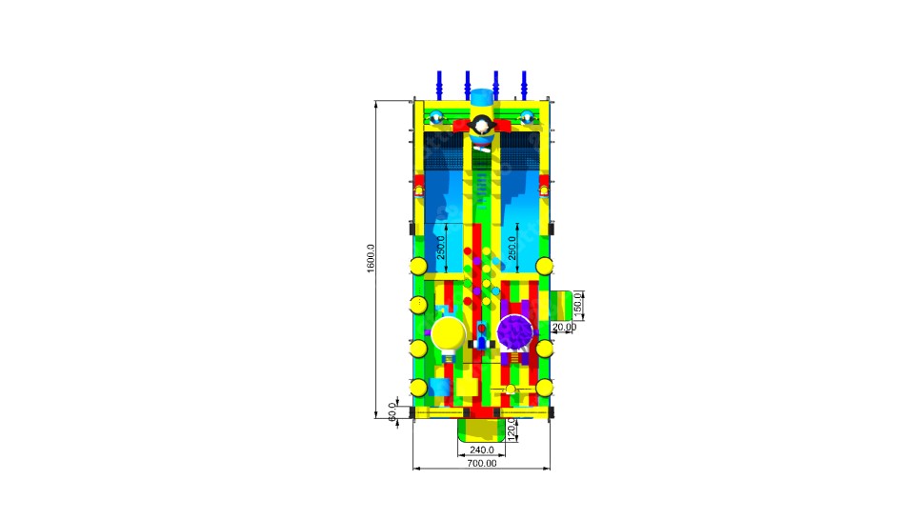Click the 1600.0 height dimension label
[371, 258]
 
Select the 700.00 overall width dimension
[482, 464]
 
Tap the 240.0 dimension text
[482, 450]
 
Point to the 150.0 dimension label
[577, 303]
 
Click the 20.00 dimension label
[564, 327]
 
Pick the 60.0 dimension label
[392, 411]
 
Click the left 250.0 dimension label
[441, 248]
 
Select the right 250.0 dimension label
[512, 248]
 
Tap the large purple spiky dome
[515, 332]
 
